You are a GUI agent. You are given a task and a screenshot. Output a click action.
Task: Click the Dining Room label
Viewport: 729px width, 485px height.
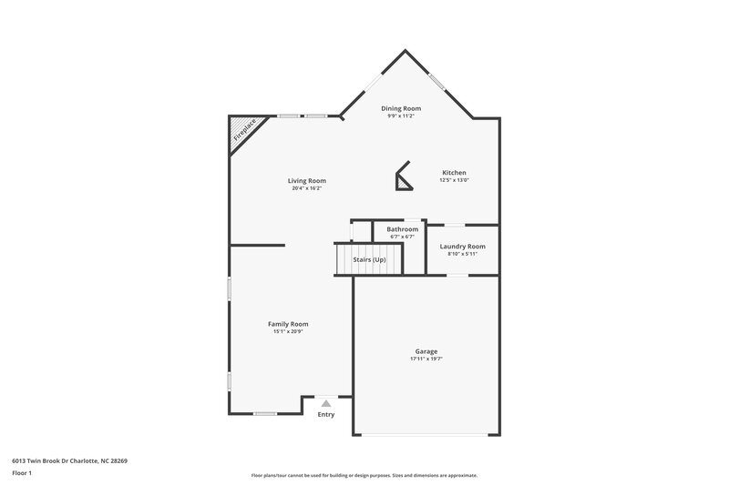pos(401,108)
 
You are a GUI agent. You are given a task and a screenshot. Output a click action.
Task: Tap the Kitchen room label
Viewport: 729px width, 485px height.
pos(455,173)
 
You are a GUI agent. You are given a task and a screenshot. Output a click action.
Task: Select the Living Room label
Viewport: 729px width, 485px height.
pos(307,181)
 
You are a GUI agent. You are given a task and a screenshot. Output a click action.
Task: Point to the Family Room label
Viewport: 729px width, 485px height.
pos(288,324)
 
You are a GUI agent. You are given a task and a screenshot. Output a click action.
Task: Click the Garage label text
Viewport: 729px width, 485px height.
pos(426,351)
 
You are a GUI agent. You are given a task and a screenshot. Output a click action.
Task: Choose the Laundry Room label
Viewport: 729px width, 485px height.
pos(462,247)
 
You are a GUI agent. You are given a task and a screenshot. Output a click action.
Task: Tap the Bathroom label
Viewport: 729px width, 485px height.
pos(402,229)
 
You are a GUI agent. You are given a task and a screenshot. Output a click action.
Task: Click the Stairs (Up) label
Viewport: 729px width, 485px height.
pos(370,260)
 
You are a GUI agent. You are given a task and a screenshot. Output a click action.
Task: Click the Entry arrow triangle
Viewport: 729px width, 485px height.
pos(326,402)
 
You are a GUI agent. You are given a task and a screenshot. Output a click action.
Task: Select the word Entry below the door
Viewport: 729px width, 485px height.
pos(326,415)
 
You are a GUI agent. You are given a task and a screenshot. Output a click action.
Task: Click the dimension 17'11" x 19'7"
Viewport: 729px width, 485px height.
pos(426,359)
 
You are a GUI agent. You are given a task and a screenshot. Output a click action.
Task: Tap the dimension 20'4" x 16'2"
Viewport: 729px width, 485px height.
pos(307,188)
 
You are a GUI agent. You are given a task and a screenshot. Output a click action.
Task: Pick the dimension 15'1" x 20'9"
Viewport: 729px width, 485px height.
pos(288,332)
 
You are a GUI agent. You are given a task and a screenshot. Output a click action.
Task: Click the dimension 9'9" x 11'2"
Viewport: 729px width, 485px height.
pos(401,116)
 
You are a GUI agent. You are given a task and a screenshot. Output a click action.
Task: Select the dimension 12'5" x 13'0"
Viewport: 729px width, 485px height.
pos(455,180)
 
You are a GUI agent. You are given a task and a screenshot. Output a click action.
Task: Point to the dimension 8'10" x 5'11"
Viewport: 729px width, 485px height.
pos(462,254)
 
